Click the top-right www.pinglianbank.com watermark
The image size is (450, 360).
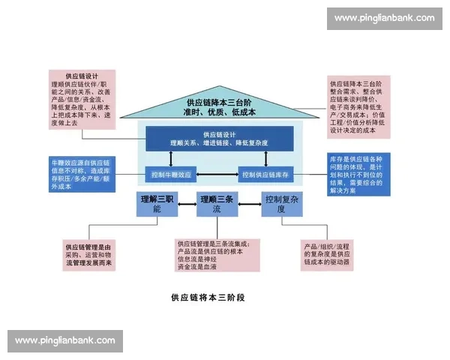pos(384,18)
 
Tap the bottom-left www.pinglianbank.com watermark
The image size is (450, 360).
pos(65,340)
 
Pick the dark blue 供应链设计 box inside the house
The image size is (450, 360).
pos(219,138)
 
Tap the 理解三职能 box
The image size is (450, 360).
pos(157,204)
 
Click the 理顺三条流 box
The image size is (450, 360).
pos(216,204)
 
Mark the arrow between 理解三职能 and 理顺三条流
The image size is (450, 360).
pos(187,201)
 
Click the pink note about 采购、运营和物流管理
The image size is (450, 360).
pos(88,255)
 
